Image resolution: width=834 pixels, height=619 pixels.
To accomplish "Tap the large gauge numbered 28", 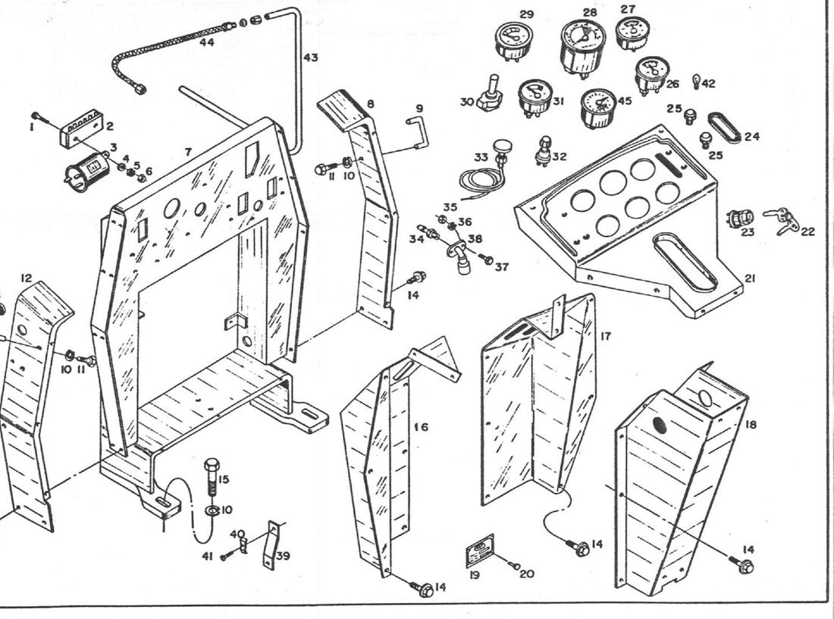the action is coord(583,48).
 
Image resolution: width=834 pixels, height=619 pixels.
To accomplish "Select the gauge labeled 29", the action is coord(513,41).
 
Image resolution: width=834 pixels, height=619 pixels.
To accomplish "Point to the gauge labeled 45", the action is coord(600,108).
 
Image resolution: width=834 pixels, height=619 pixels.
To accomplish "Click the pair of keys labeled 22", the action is coord(782,221).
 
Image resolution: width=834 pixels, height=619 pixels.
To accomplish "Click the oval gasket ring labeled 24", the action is coord(724,127).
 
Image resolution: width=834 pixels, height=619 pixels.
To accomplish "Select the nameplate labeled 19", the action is coord(480,551).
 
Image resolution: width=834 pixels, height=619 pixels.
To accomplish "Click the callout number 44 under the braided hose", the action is coord(206,42).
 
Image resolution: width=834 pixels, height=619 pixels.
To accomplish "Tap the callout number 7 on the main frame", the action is coord(188,152).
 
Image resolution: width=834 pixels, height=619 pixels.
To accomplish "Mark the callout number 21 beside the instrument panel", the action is coord(750,278).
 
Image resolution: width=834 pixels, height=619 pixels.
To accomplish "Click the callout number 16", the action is coord(422,427).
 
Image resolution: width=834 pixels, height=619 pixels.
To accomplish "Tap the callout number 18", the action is coord(751,424).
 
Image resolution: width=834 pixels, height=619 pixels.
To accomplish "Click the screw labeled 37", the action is coord(485,259).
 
